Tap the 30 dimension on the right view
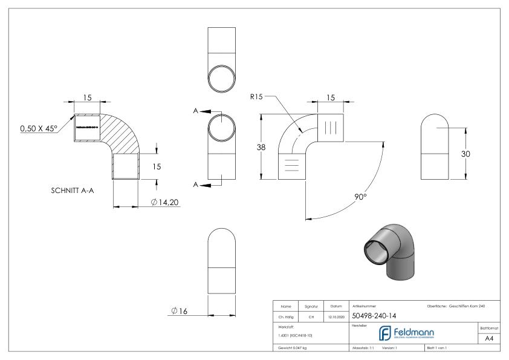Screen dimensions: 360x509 [x=465, y=154]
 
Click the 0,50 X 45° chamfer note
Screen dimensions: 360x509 [x=38, y=128]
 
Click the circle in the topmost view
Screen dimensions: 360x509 [x=222, y=78]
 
